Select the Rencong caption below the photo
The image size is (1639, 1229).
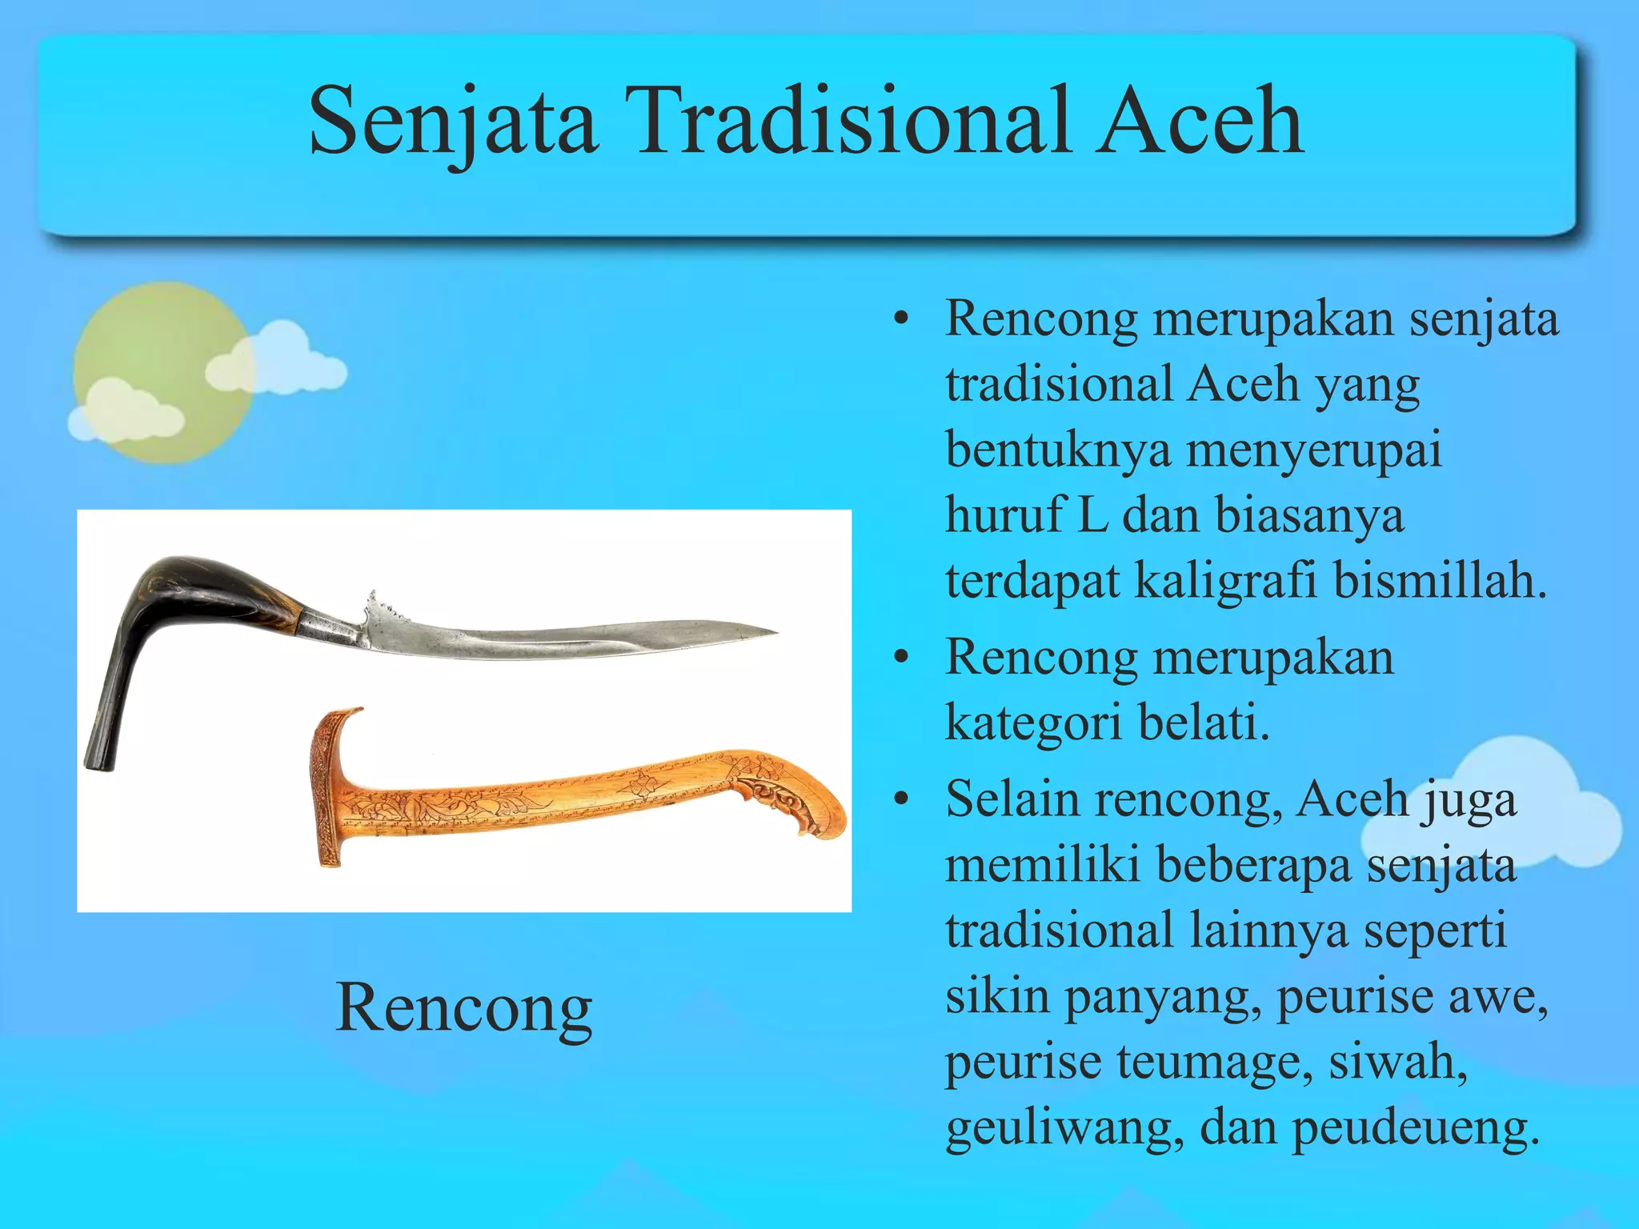[x=463, y=1008]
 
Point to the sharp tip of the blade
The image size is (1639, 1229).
[x=772, y=632]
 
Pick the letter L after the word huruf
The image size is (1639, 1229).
[x=1092, y=514]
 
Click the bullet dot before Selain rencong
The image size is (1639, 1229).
[x=902, y=799]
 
